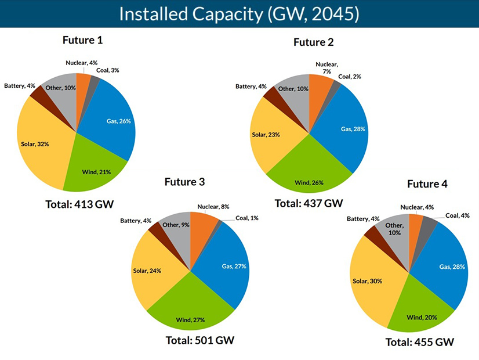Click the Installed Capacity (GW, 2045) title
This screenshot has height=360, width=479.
(x=239, y=14)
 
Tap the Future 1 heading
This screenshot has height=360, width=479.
(x=86, y=41)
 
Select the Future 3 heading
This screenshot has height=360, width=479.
(x=185, y=182)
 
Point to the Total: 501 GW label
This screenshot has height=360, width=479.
(x=194, y=340)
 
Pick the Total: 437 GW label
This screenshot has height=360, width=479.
(x=309, y=203)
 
